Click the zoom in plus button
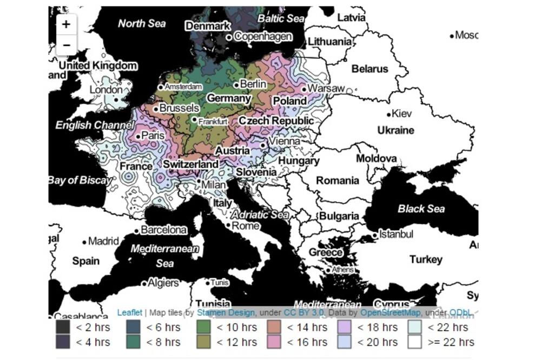pyautogui.click(x=66, y=24)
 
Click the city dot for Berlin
pyautogui.click(x=236, y=85)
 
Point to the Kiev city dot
pyautogui.click(x=389, y=115)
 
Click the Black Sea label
pyautogui.click(x=421, y=209)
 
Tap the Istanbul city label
pyautogui.click(x=397, y=234)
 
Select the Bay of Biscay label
pyautogui.click(x=78, y=181)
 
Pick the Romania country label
pyautogui.click(x=338, y=181)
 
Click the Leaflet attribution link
pyautogui.click(x=130, y=312)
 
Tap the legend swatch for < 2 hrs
pyautogui.click(x=63, y=327)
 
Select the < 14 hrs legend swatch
pyautogui.click(x=274, y=327)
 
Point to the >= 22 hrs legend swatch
pyautogui.click(x=415, y=342)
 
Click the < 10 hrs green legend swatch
pyautogui.click(x=203, y=327)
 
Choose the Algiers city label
pyautogui.click(x=163, y=283)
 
